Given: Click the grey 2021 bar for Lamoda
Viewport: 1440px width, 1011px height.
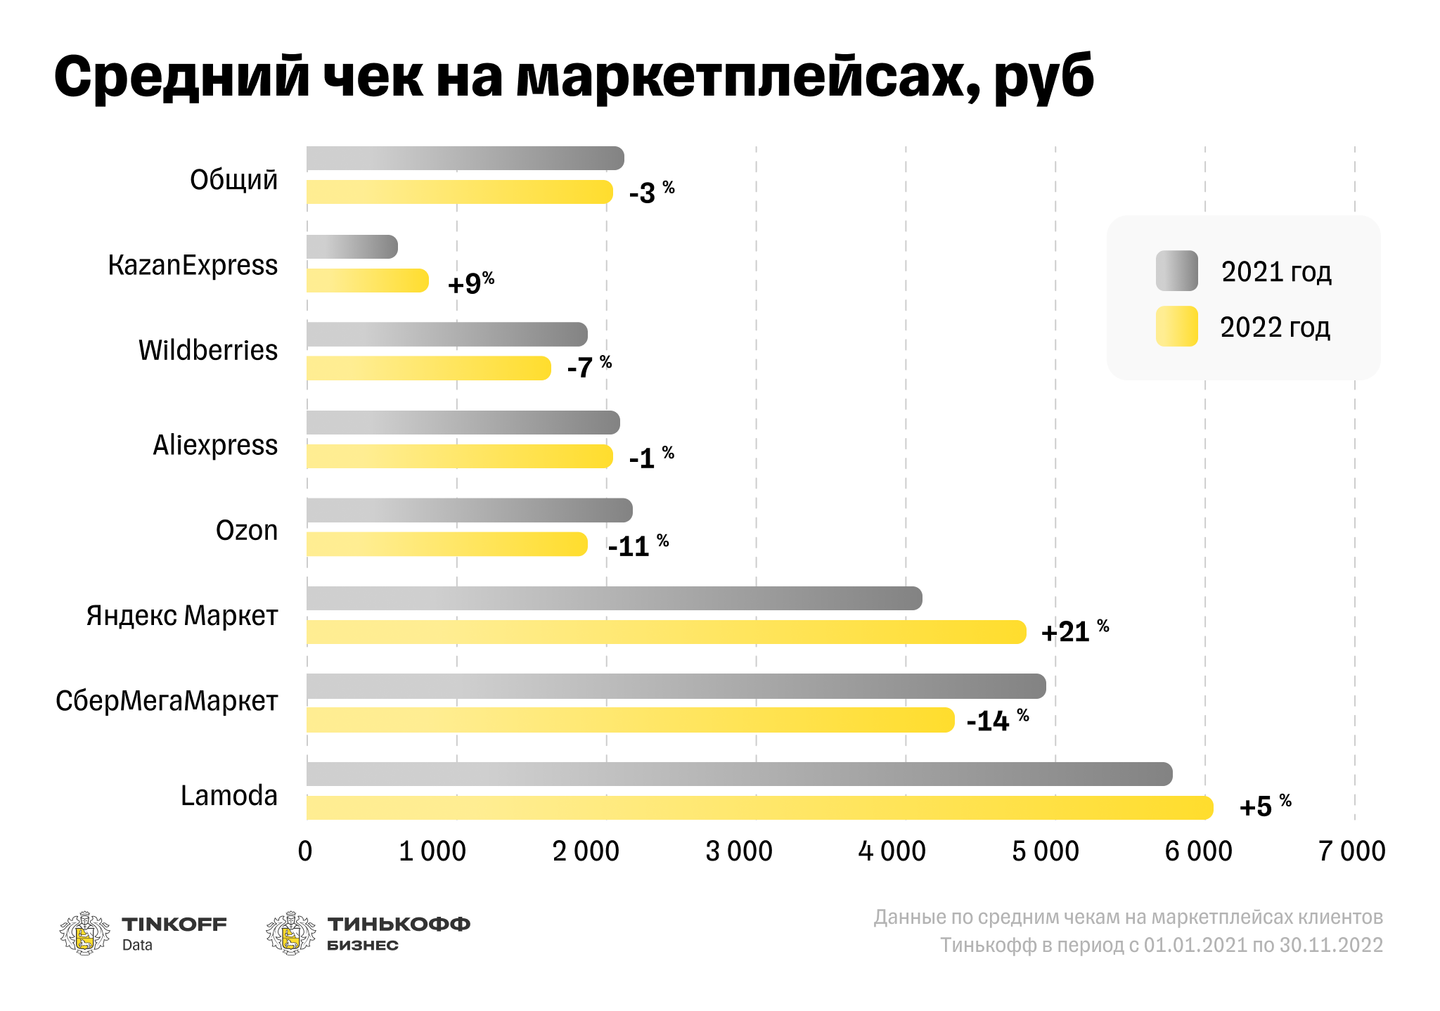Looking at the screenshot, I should pyautogui.click(x=738, y=774).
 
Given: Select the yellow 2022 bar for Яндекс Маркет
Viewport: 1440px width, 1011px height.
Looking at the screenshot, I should pyautogui.click(x=665, y=632).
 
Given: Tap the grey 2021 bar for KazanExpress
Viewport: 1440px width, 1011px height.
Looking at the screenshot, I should pyautogui.click(x=352, y=247).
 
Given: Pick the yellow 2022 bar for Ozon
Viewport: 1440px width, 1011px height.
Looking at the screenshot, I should pyautogui.click(x=446, y=544).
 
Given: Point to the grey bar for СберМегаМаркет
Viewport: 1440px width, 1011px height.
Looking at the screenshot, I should pyautogui.click(x=675, y=686).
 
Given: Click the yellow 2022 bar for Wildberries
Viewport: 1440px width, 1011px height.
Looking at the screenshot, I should pyautogui.click(x=428, y=368).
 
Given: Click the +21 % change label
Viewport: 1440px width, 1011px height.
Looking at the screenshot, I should pyautogui.click(x=1074, y=631).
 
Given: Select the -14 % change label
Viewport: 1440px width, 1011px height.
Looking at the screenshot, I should pyautogui.click(x=996, y=721).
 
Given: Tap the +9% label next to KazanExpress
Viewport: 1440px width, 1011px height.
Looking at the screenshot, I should pyautogui.click(x=470, y=283).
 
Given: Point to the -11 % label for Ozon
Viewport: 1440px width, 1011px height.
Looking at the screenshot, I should pyautogui.click(x=637, y=546).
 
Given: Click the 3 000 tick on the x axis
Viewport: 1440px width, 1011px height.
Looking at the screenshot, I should pyautogui.click(x=739, y=851).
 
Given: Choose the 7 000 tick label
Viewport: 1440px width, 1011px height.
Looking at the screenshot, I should pyautogui.click(x=1351, y=851).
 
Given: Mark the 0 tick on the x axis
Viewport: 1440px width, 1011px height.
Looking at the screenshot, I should pyautogui.click(x=305, y=851).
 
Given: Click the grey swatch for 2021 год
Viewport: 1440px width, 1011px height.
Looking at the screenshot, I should pyautogui.click(x=1176, y=271).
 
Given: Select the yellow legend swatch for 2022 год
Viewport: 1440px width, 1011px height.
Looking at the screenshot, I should pyautogui.click(x=1176, y=326).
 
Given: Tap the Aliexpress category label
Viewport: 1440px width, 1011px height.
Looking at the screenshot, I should pyautogui.click(x=215, y=445).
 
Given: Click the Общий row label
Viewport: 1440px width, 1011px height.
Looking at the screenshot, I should pyautogui.click(x=233, y=180).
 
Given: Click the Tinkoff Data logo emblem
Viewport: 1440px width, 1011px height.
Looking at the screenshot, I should pyautogui.click(x=84, y=933).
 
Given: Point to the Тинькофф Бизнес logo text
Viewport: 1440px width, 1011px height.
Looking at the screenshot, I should pyautogui.click(x=398, y=933).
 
